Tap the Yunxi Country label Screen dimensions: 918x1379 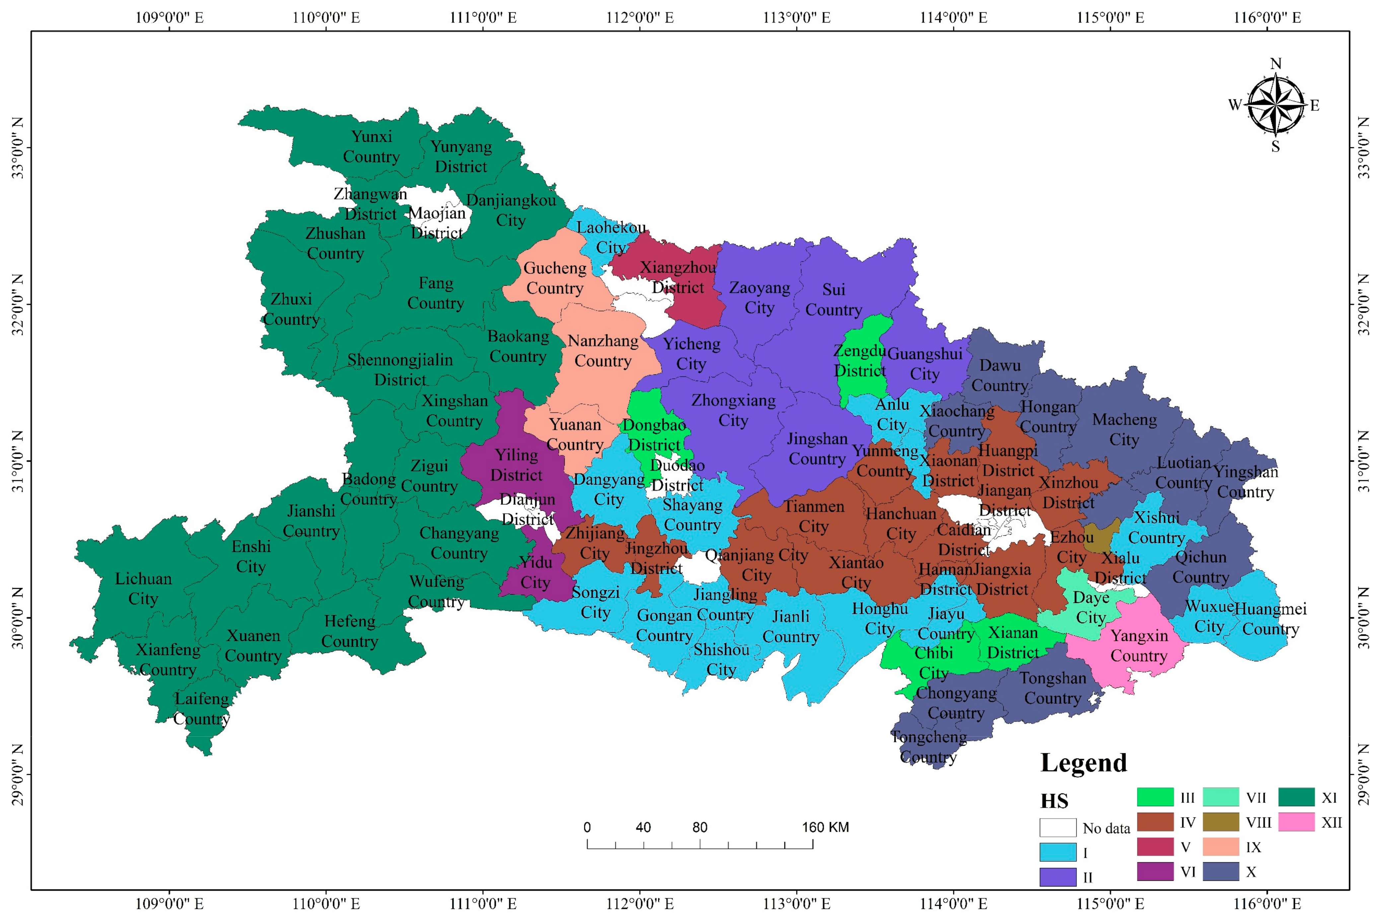[371, 146]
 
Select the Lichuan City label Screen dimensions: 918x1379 [143, 588]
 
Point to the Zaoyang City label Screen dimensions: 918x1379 [760, 297]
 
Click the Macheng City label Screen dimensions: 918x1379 [1124, 429]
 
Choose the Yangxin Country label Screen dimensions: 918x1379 [1139, 645]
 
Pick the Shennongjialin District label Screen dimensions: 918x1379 [400, 369]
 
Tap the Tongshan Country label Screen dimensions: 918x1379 [1052, 688]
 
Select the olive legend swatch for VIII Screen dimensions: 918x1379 [1221, 822]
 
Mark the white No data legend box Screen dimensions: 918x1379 [1057, 827]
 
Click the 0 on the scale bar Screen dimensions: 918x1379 [587, 827]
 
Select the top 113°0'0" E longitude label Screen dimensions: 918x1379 [796, 17]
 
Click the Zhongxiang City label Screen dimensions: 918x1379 [733, 410]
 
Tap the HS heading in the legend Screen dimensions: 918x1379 [1054, 800]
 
